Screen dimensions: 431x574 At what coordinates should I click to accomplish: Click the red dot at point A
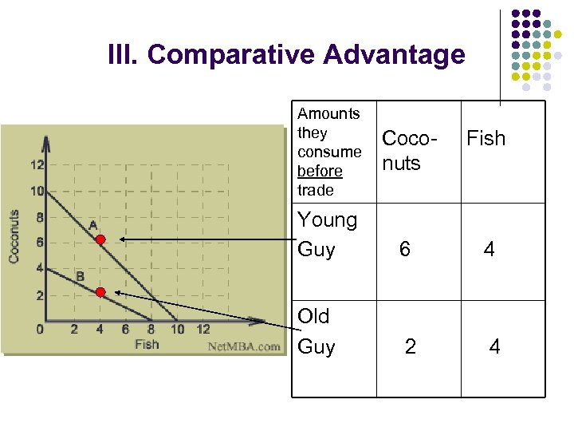100,239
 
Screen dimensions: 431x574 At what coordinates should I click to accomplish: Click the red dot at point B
100,292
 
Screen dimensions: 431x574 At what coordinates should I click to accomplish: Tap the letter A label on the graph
93,225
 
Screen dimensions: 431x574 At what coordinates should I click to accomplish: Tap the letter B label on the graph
80,276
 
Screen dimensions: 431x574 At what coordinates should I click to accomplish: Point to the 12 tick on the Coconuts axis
37,165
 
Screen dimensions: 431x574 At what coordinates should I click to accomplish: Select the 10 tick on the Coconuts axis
37,192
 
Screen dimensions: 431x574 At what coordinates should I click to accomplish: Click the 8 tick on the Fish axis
151,329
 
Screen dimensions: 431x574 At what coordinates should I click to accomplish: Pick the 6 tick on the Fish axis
125,329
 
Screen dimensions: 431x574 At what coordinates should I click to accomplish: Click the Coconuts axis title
14,237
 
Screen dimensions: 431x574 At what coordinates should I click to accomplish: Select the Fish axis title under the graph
147,345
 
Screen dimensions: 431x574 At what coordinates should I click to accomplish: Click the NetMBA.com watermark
244,346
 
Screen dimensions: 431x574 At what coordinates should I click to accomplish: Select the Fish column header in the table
486,139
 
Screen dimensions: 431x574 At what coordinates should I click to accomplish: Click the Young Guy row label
327,235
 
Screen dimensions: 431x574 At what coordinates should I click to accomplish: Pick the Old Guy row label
316,331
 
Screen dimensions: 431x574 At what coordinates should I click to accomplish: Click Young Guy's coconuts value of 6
405,250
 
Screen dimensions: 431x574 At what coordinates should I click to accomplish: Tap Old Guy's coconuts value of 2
410,346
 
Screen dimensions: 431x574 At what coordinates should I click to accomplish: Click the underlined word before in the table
320,171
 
